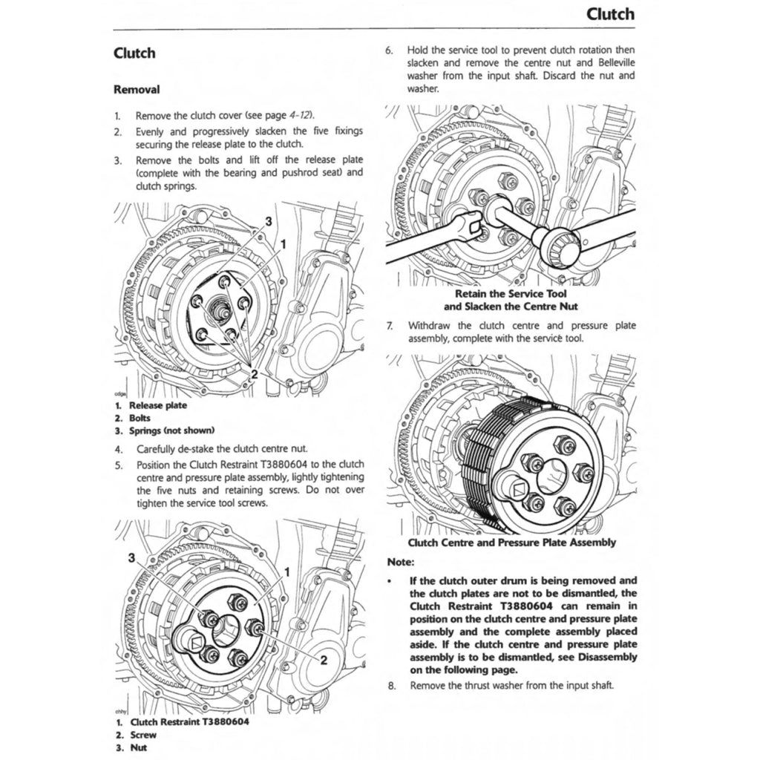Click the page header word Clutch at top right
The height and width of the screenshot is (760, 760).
tap(609, 13)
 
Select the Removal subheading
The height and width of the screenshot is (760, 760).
tap(137, 89)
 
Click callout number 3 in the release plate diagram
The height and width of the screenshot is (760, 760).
tap(268, 221)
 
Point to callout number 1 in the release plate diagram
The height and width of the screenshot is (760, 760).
tap(283, 243)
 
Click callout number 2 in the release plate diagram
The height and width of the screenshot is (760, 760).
tap(254, 373)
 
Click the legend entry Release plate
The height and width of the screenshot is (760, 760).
tap(158, 405)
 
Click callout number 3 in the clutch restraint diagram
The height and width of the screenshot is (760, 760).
tap(131, 557)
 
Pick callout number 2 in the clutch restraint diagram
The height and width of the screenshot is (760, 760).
tap(323, 661)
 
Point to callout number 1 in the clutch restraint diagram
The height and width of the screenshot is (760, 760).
tap(286, 572)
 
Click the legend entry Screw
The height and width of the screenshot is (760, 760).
tap(142, 735)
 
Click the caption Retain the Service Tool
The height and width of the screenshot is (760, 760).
tap(511, 294)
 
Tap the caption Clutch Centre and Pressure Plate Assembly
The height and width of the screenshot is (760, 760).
tap(511, 543)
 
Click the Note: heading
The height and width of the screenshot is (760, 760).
tap(401, 563)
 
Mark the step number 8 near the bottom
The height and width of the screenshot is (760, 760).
tap(392, 685)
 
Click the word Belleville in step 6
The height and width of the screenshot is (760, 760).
tap(611, 62)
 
